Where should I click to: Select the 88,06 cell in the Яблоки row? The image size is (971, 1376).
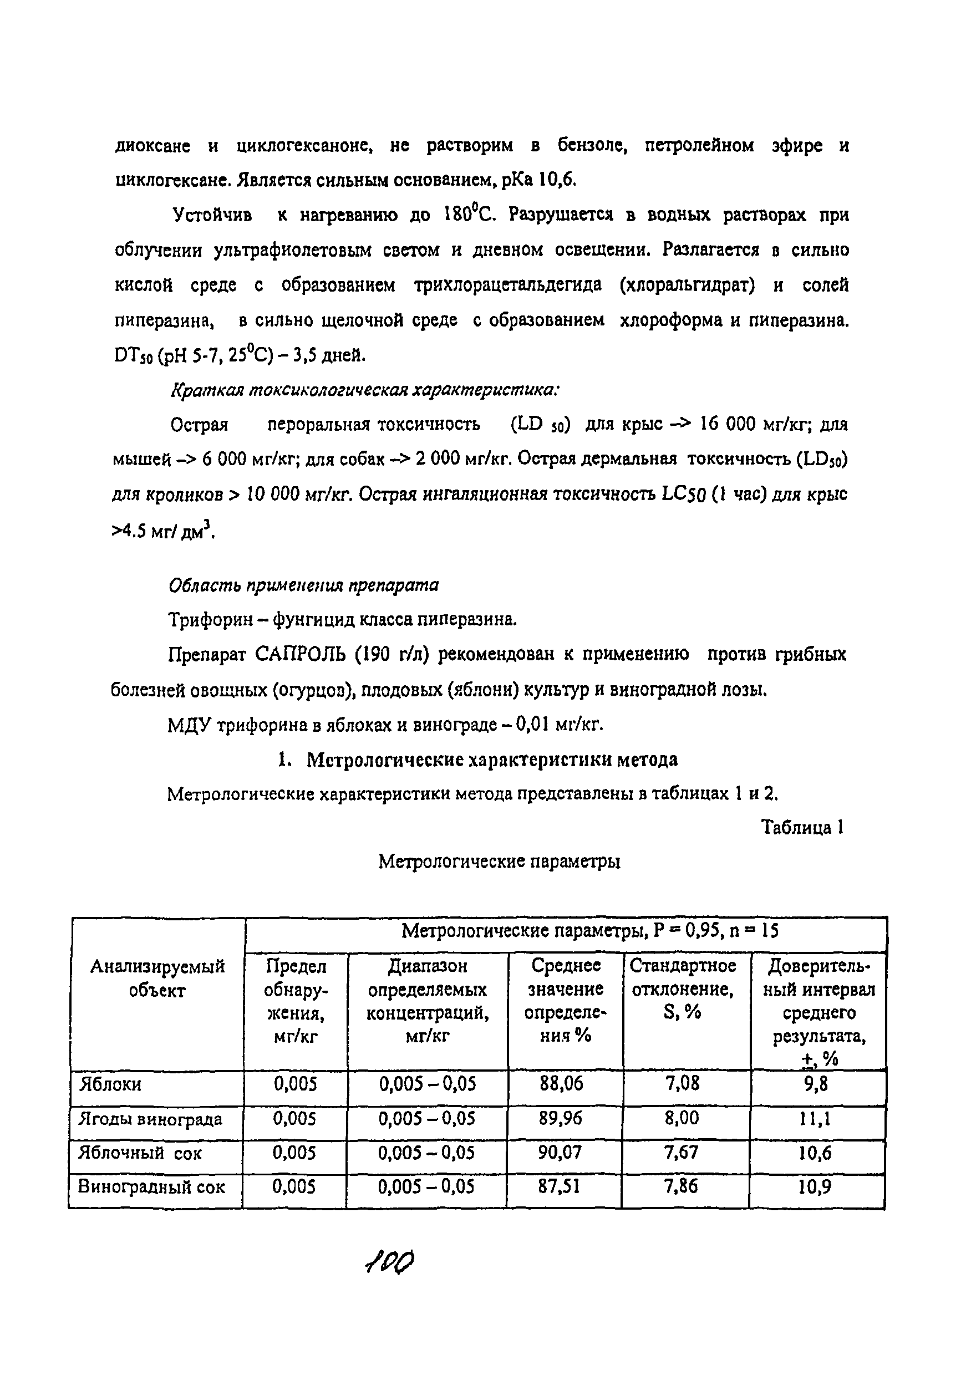coord(561,1083)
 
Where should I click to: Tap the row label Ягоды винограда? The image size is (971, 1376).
coord(150,1119)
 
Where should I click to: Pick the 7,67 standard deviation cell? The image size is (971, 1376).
coord(682,1153)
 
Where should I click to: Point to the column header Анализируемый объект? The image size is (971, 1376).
coord(157,978)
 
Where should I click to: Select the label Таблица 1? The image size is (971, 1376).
coord(802,828)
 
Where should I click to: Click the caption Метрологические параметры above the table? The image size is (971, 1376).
coord(499,862)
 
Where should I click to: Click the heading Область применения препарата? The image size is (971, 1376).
coord(303,585)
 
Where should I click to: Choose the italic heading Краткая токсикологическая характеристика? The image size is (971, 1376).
coord(364,390)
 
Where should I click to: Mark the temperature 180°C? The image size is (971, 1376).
coord(469,214)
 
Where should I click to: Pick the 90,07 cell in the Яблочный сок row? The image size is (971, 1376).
coord(560,1153)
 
